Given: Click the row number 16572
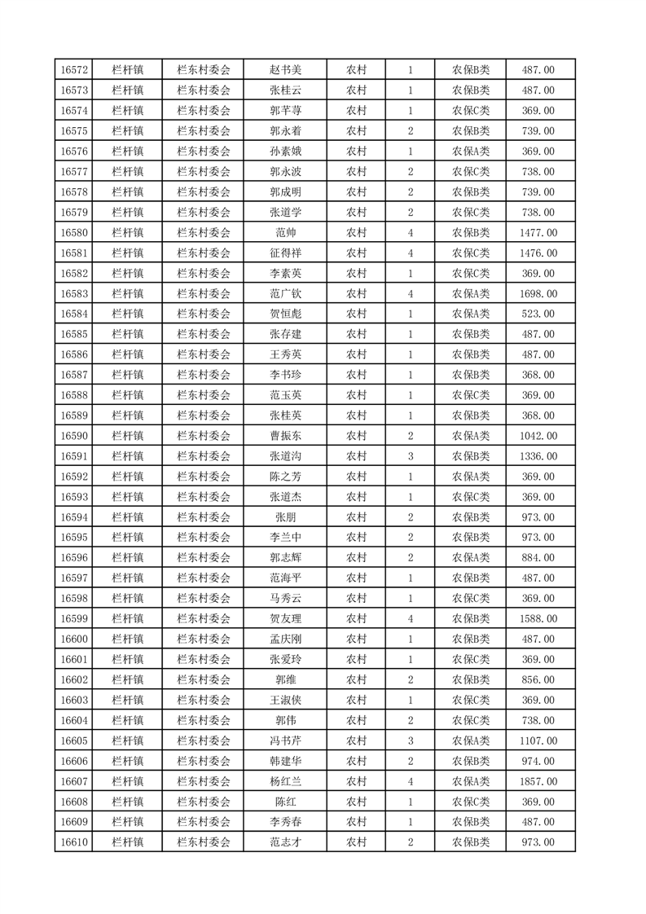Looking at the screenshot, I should point(74,70).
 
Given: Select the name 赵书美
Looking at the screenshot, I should point(285,70).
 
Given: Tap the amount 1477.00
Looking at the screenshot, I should point(538,233).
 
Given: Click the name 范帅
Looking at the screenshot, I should point(285,233).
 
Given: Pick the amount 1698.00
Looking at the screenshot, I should point(538,294).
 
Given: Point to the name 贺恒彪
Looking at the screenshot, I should point(285,314).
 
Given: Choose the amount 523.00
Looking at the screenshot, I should point(538,314).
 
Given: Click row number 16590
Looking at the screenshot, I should point(74,436).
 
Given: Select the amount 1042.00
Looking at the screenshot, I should point(538,436).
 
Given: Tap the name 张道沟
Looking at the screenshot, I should point(285,456).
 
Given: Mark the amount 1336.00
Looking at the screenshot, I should point(538,456).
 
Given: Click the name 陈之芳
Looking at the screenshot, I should point(285,477).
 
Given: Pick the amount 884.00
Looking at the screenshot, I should point(538,558).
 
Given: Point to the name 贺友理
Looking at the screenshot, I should point(285,619).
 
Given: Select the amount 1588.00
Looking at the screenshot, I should point(538,619).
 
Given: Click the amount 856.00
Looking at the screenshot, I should point(538,680).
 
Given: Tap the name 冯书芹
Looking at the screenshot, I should point(285,740).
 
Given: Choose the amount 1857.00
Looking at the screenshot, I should point(538,781).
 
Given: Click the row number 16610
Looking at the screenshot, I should point(74,842).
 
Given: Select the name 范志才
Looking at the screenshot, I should point(285,842).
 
